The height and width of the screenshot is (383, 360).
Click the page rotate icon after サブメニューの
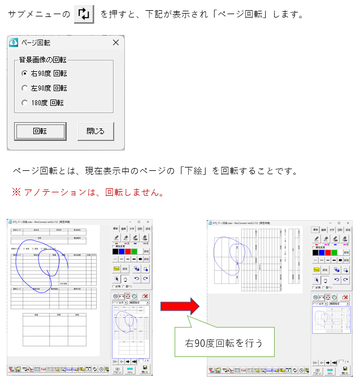tap(84, 13)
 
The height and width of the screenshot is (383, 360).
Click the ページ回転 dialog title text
tap(36, 42)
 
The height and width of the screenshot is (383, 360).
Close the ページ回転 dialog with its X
tap(116, 42)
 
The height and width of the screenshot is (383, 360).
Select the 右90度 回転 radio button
tap(24, 73)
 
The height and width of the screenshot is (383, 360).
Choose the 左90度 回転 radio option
tap(24, 88)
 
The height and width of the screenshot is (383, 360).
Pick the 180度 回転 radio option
tap(24, 103)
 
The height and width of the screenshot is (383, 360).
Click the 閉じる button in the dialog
tap(96, 131)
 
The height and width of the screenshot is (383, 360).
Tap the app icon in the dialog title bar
tap(15, 42)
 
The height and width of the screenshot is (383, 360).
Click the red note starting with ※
tap(88, 192)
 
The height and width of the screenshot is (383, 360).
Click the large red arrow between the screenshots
tap(180, 307)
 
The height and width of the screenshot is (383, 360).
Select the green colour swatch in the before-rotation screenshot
tap(135, 251)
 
